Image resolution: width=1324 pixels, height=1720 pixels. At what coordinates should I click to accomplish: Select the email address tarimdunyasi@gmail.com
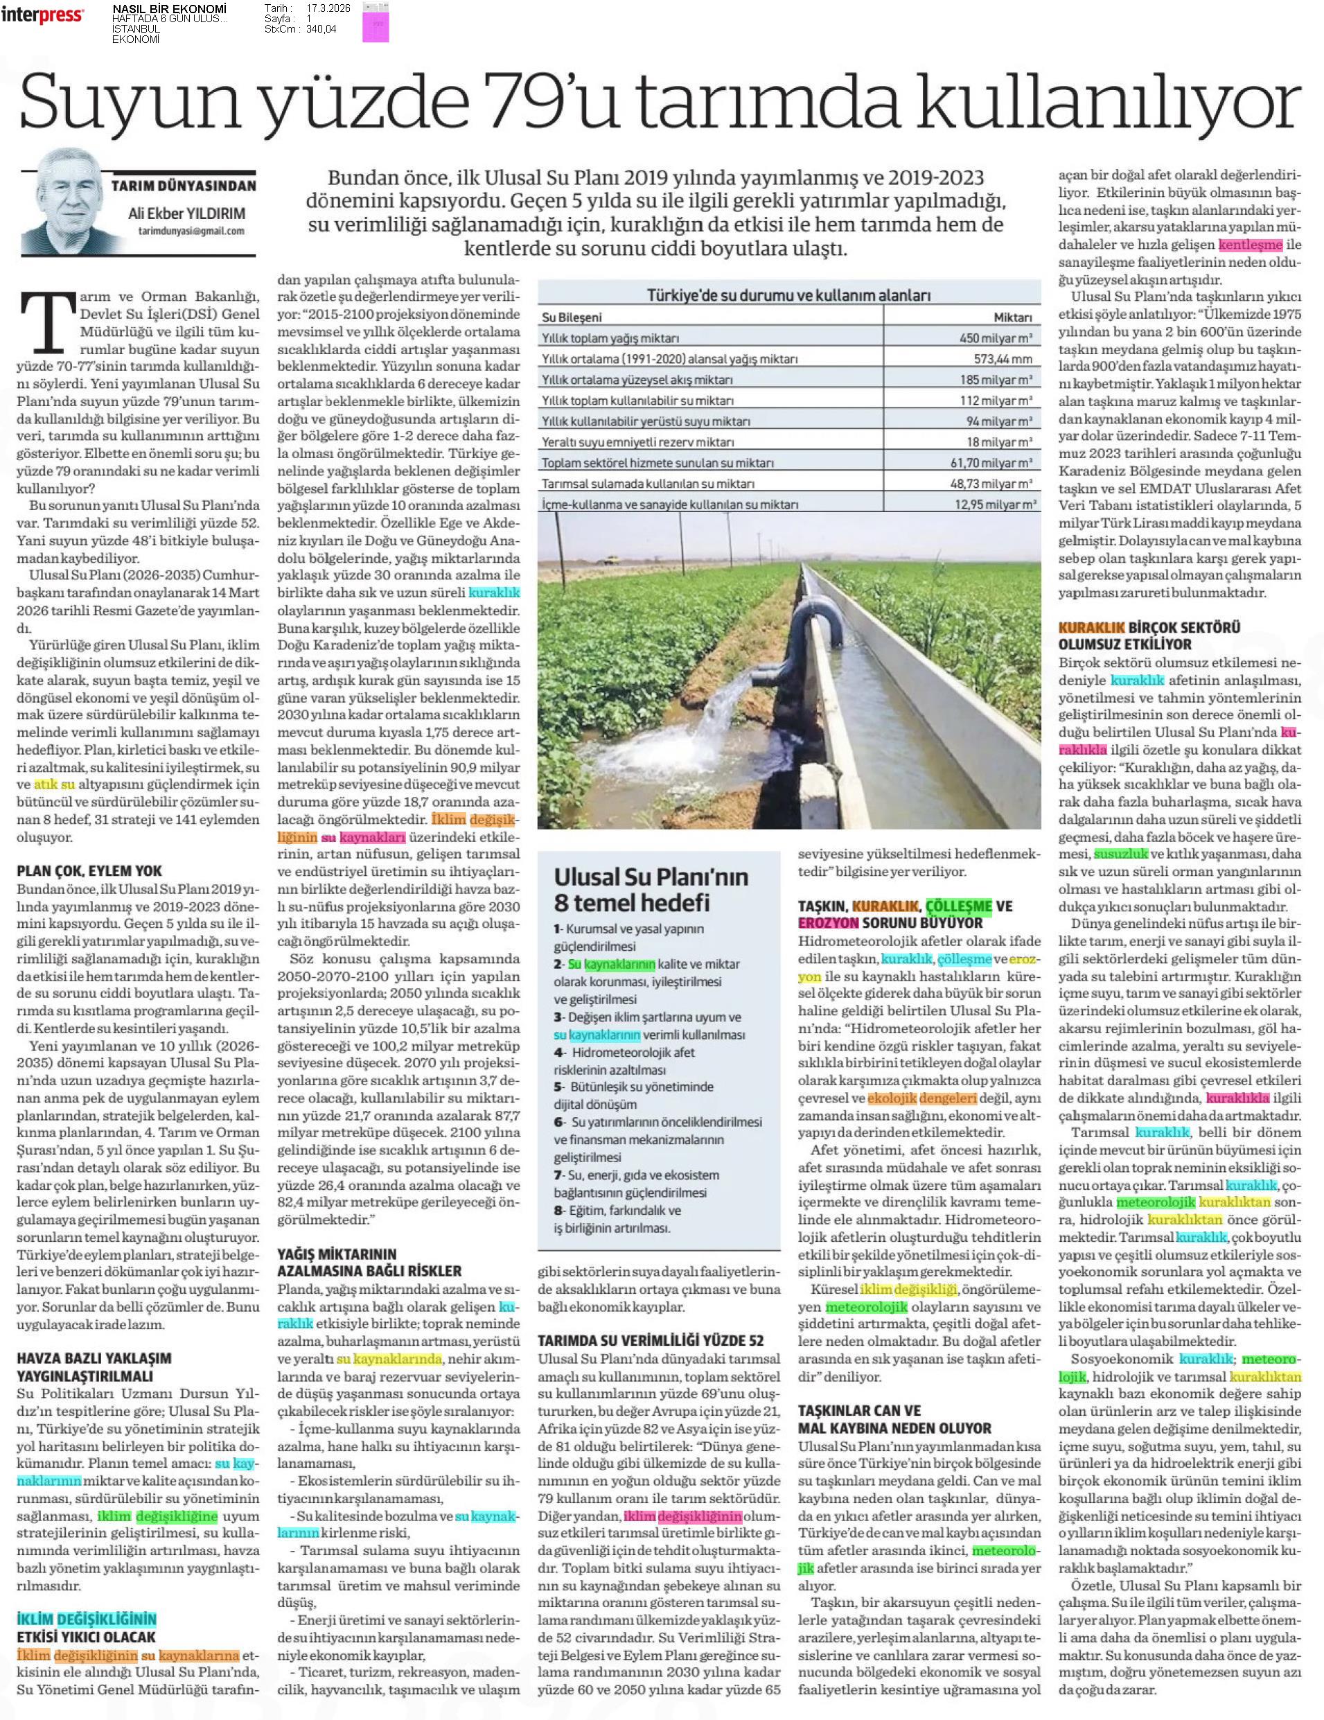pyautogui.click(x=191, y=231)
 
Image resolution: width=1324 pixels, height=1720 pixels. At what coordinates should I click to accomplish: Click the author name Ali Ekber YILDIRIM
pyautogui.click(x=186, y=213)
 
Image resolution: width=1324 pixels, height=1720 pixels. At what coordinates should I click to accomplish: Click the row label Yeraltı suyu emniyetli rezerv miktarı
pyautogui.click(x=637, y=442)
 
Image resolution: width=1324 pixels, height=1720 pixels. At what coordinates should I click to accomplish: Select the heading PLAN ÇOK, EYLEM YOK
pyautogui.click(x=90, y=871)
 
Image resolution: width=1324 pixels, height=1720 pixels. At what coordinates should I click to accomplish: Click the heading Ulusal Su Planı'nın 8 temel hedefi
pyautogui.click(x=651, y=889)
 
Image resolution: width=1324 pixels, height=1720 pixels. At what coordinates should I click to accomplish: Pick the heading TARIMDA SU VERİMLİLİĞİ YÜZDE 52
pyautogui.click(x=650, y=1340)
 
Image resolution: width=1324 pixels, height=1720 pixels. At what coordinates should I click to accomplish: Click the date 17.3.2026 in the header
pyautogui.click(x=329, y=7)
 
